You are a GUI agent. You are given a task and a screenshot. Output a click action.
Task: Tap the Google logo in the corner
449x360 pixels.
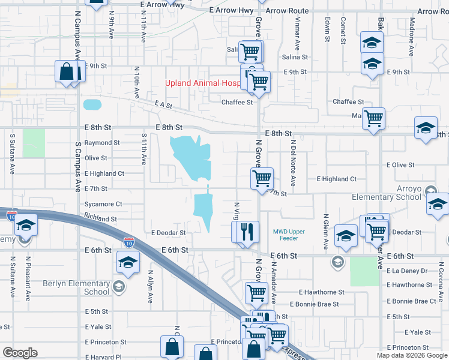20,353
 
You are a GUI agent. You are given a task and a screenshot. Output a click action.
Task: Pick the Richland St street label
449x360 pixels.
100,219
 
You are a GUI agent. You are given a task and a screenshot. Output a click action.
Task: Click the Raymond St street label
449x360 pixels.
101,143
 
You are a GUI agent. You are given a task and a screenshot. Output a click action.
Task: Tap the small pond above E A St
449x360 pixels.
92,104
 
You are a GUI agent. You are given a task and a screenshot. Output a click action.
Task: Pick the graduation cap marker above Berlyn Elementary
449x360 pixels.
127,263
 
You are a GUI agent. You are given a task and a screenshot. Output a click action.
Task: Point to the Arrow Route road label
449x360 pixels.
287,11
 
